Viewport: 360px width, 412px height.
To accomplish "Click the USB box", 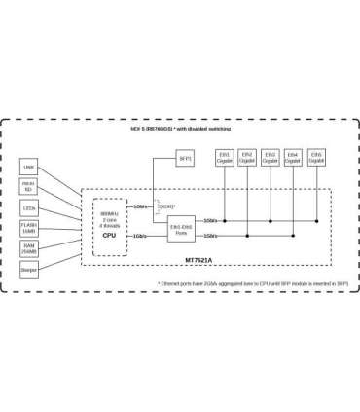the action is coord(29,168).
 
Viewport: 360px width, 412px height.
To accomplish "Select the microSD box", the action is coord(29,188).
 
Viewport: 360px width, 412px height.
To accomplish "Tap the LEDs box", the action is coord(29,208).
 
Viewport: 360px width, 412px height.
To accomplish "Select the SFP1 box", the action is coord(185,157).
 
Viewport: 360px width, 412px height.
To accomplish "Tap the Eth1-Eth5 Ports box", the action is coord(181,228).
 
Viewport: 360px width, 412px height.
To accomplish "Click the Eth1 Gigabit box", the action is coord(225,157).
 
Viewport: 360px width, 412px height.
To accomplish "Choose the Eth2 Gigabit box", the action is coord(247,157).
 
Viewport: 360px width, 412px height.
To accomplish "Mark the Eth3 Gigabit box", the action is coord(270,157).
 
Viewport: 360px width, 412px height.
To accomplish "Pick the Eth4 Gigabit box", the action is coord(293,157).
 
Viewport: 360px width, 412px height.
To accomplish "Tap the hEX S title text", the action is coord(180,128).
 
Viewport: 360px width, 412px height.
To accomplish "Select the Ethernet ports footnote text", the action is coord(253,283).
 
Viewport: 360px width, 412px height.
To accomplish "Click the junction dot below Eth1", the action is coord(225,220).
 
